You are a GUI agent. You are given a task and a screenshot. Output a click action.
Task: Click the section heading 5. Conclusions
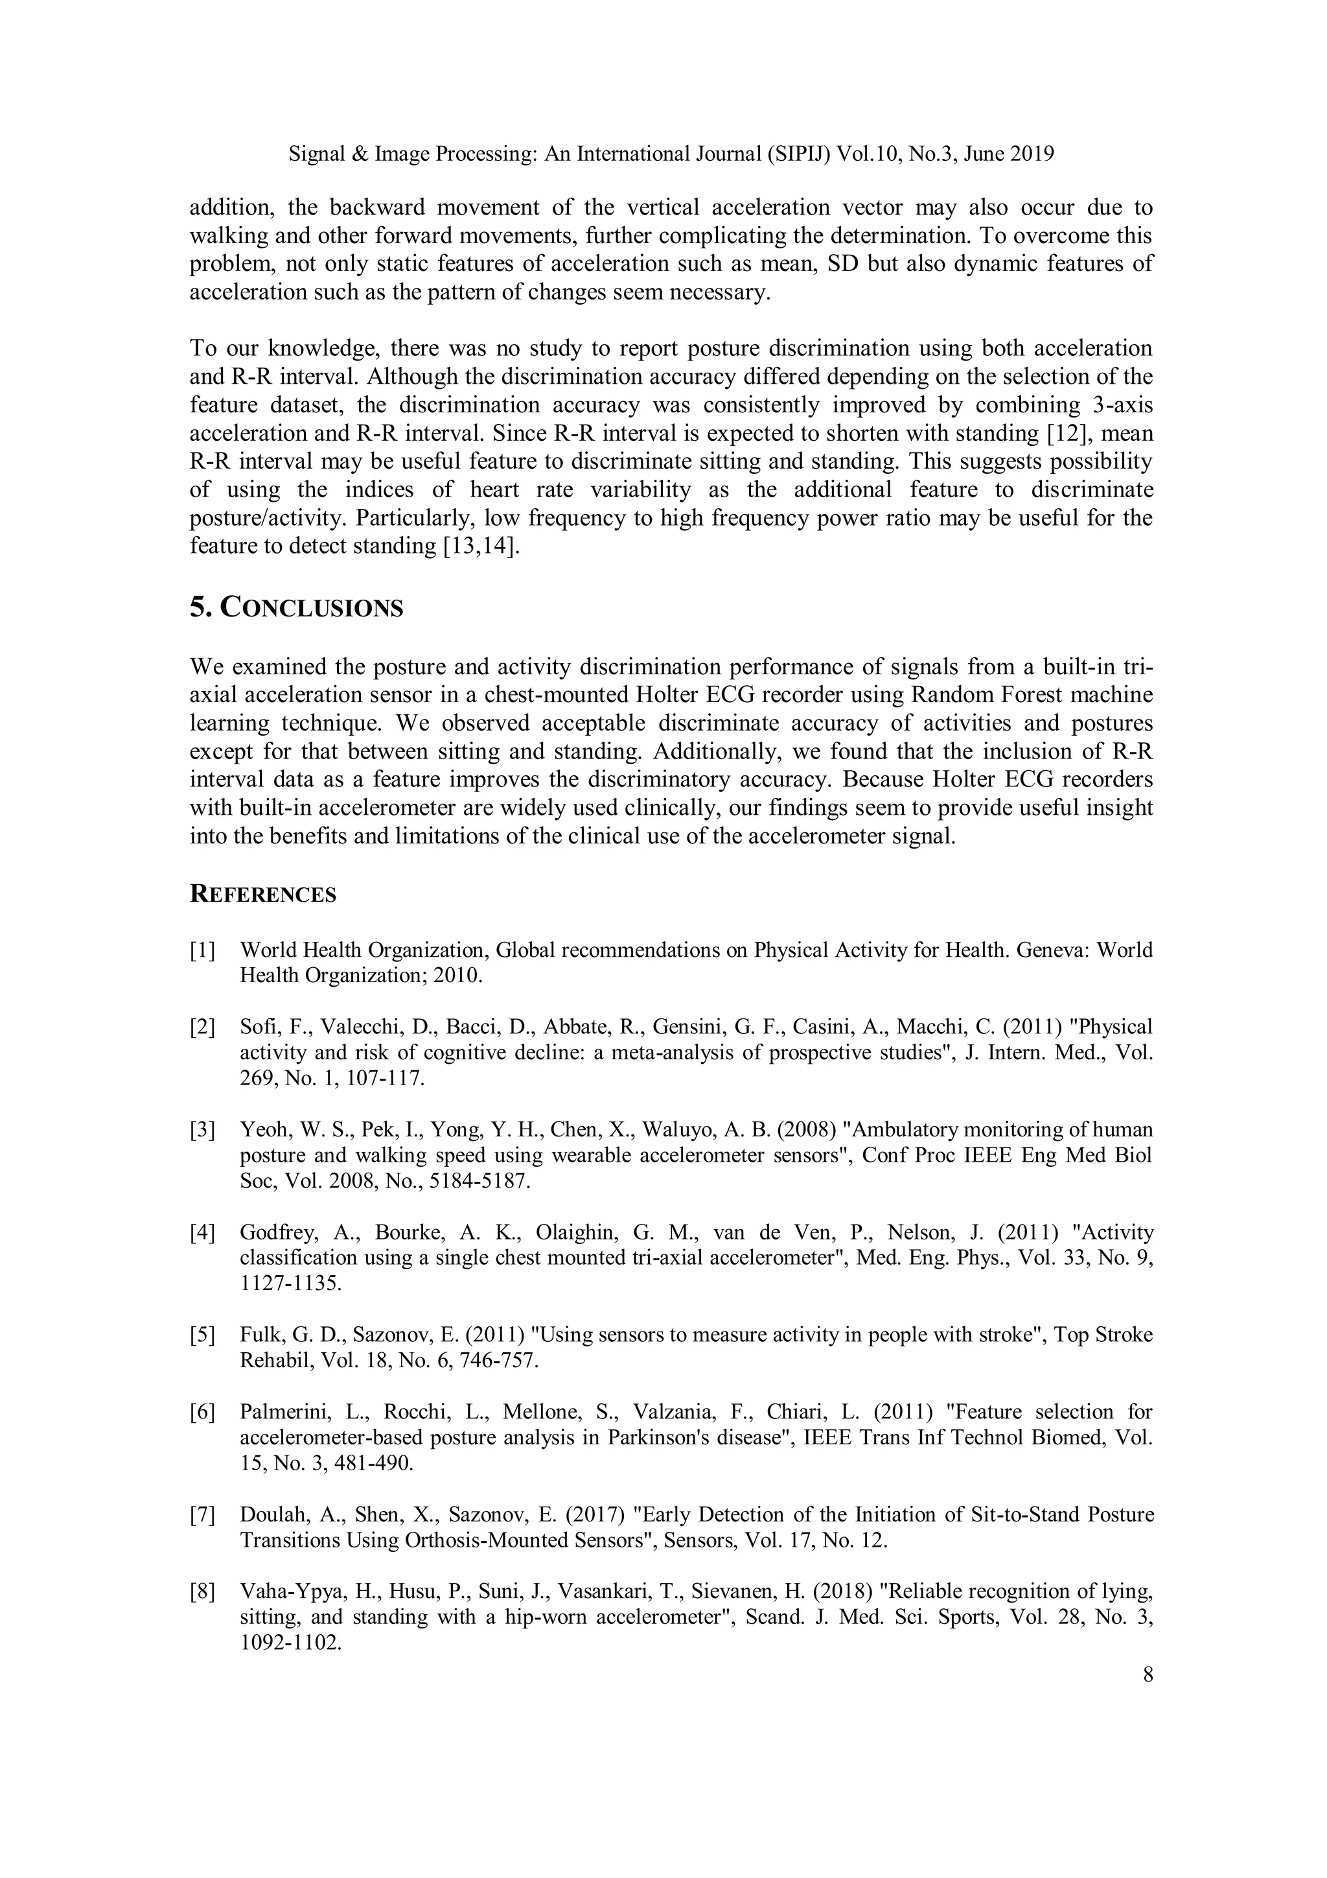pos(296,607)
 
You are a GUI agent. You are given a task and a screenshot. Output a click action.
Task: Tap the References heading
pos(262,894)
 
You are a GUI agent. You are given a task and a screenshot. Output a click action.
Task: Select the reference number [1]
pos(202,950)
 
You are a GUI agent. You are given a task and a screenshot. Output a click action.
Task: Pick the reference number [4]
pos(202,1232)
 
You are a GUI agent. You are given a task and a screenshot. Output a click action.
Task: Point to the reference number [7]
pos(202,1515)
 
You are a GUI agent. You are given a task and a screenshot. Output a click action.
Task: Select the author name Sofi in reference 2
pos(256,1027)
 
